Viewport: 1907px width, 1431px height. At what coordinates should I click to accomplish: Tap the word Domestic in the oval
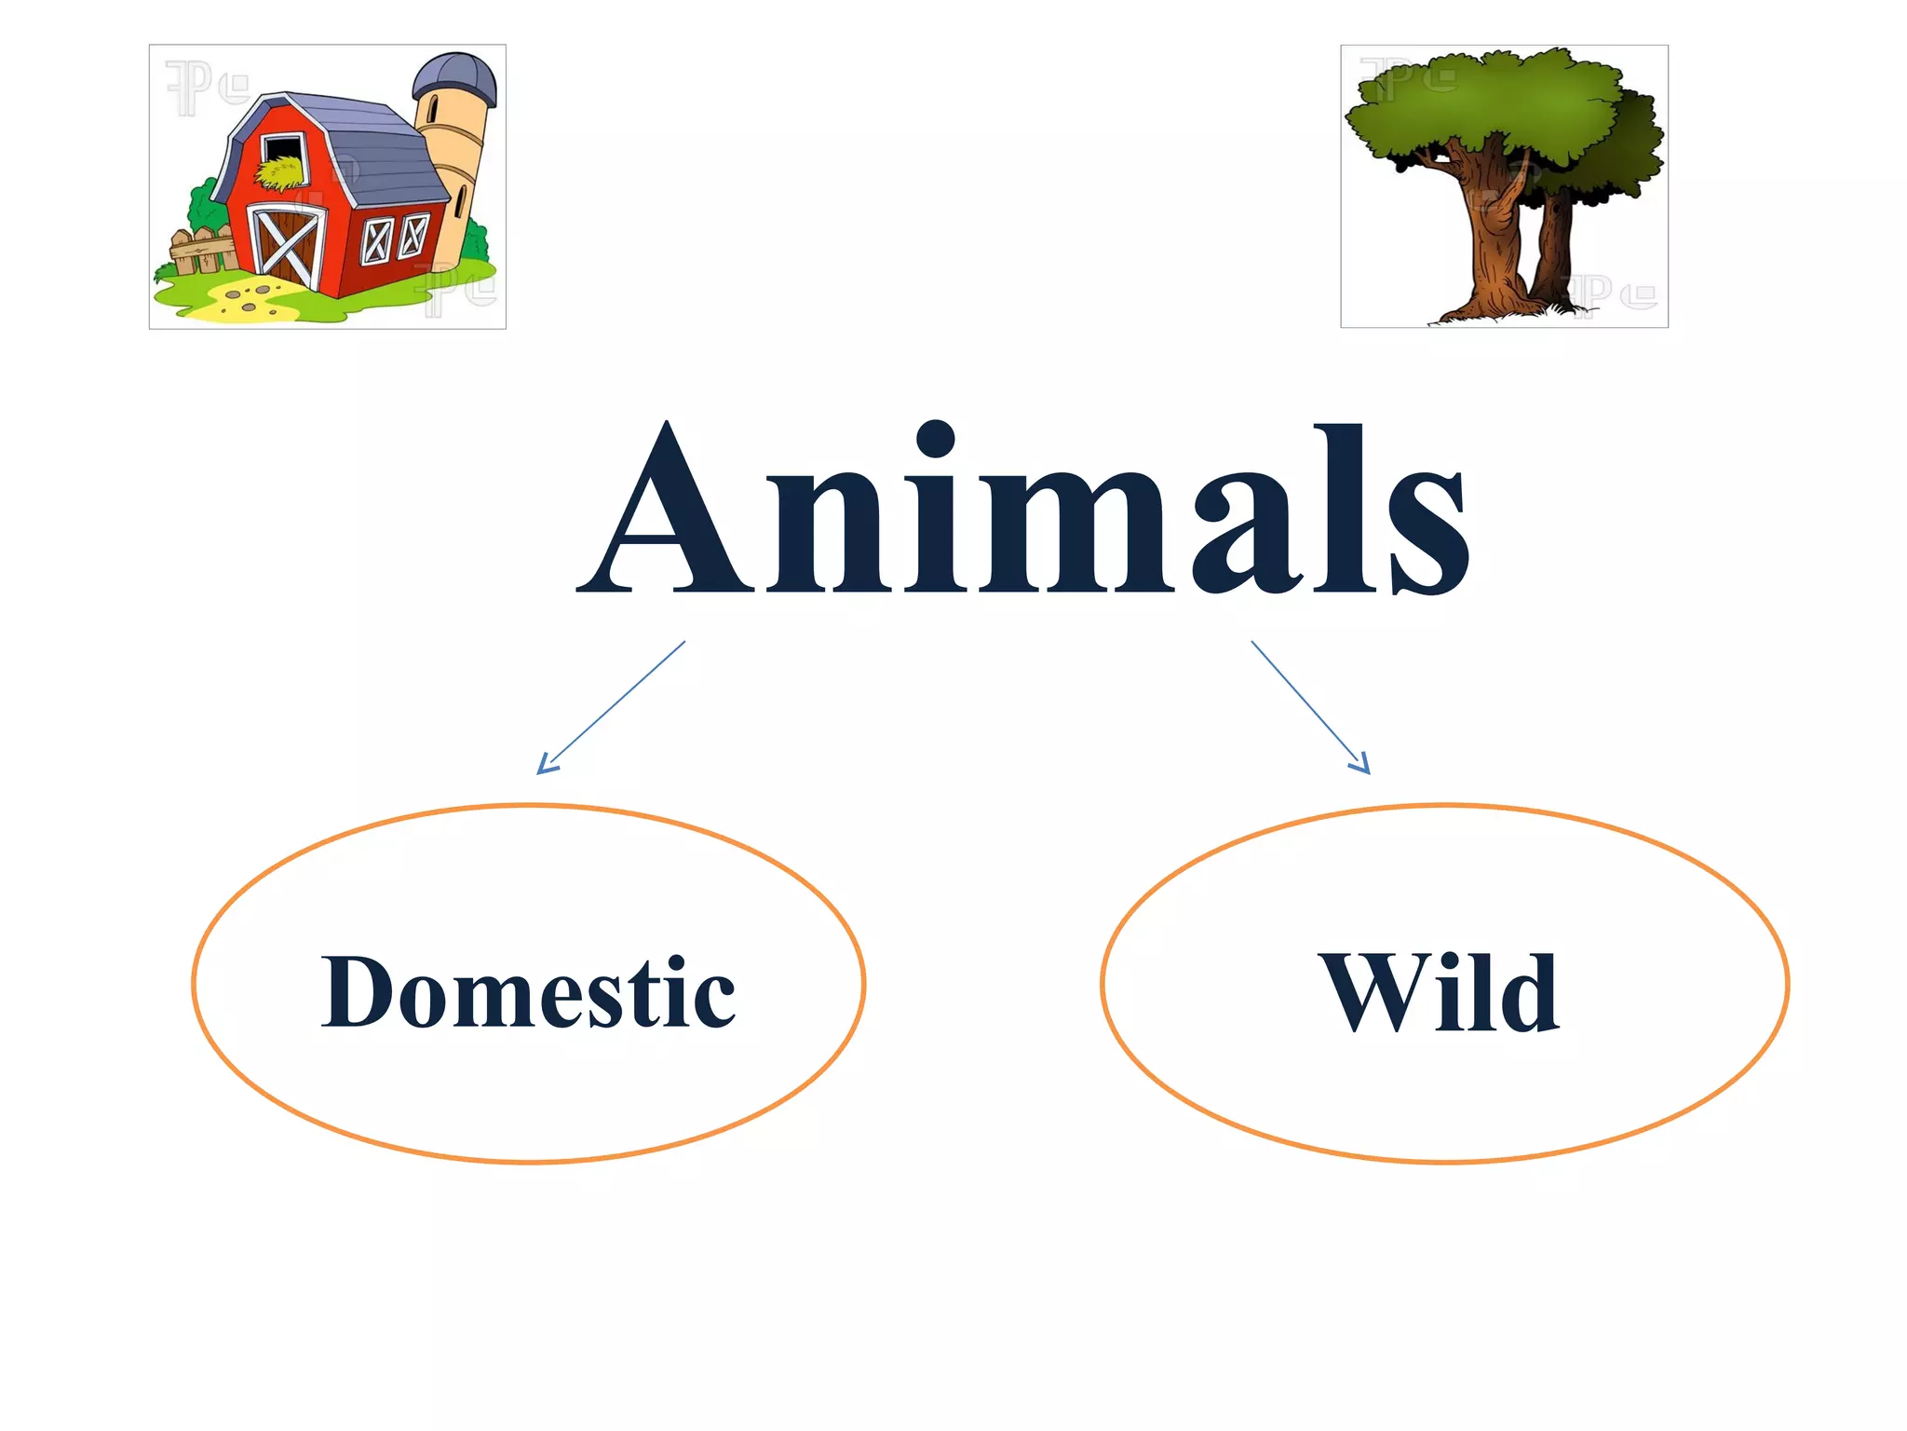528,993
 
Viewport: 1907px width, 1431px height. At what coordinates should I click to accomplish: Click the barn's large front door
289,244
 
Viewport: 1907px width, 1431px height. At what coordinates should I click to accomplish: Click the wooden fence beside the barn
201,252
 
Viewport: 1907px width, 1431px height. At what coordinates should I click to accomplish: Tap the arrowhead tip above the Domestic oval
540,772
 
